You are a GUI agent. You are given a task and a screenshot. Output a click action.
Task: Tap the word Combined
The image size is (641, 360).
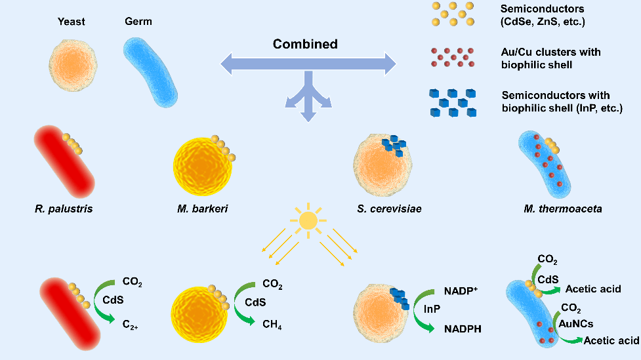(x=305, y=45)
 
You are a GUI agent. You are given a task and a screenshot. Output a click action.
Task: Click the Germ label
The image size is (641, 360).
(x=138, y=22)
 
